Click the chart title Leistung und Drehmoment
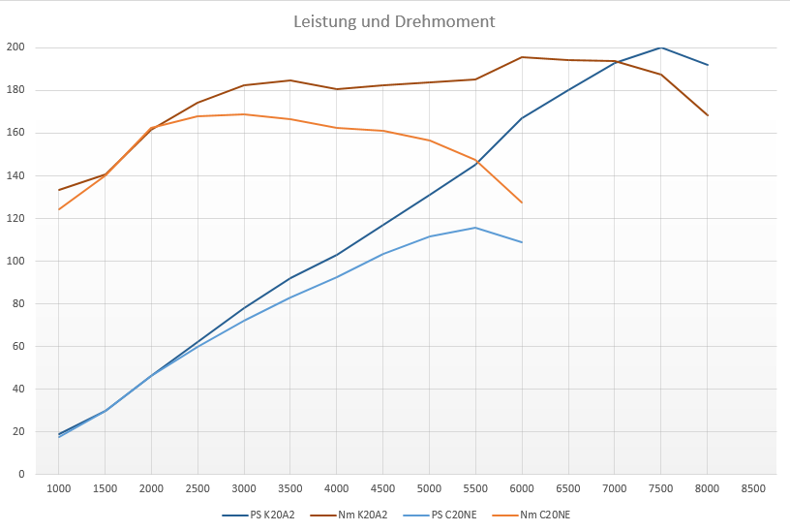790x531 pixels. [394, 20]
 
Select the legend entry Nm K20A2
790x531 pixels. [363, 515]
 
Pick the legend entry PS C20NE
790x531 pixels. [454, 515]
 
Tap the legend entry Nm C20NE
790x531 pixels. [545, 515]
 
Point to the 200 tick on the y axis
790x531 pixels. [15, 47]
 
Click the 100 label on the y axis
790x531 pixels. [15, 261]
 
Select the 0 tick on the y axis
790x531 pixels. [21, 474]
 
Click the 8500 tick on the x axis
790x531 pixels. [753, 489]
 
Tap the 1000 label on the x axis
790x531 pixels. [59, 489]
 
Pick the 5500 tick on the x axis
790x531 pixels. [475, 489]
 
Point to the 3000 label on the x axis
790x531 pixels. [244, 489]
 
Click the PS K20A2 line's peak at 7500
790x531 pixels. [660, 47]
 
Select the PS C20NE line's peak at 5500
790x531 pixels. [475, 228]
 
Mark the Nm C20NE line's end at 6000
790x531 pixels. [522, 203]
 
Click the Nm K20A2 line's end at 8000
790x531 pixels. [708, 115]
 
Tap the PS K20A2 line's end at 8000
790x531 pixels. [708, 65]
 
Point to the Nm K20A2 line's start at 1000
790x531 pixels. [59, 190]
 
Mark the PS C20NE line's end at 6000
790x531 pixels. [522, 242]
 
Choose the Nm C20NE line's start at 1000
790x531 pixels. [59, 209]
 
